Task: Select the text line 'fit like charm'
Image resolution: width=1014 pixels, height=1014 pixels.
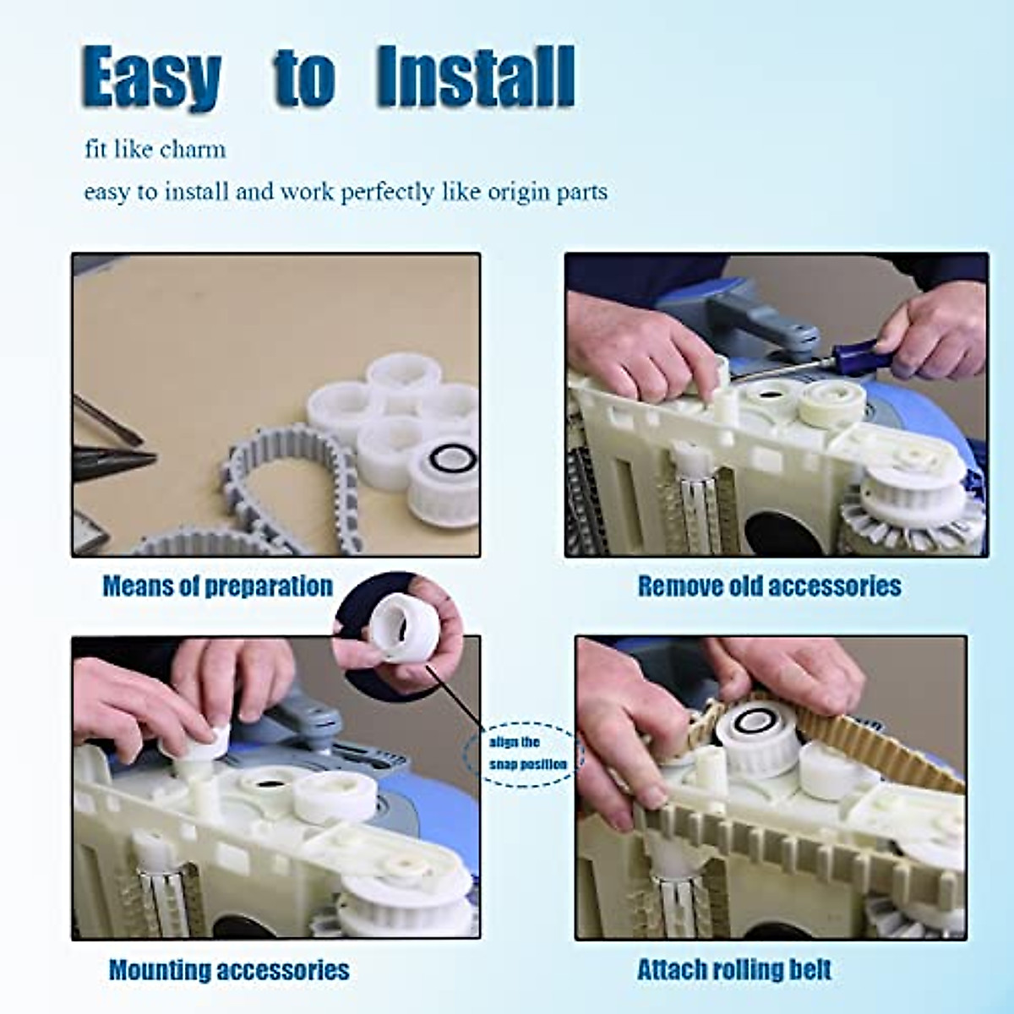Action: click(x=155, y=150)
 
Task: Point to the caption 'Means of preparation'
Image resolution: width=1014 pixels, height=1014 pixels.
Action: click(x=217, y=586)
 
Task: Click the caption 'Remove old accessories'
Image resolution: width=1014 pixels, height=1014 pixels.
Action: click(x=769, y=586)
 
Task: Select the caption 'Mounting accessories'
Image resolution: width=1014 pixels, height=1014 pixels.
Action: click(x=229, y=970)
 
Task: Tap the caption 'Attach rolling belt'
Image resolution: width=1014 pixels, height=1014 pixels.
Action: click(x=734, y=970)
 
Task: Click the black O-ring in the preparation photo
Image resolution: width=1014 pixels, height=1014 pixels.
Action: click(x=454, y=461)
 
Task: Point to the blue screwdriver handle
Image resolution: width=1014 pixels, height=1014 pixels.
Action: click(x=853, y=347)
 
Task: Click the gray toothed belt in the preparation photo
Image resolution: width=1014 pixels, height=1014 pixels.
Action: click(x=279, y=473)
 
